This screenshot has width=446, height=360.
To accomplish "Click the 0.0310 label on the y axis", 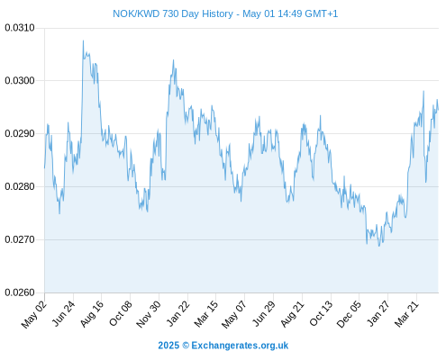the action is pos(20,28).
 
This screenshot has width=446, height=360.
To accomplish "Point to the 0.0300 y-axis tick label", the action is pos(20,81).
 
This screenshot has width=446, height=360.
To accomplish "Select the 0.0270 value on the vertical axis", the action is pos(20,239).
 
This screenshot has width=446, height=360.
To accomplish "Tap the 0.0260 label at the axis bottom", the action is pos(20,292).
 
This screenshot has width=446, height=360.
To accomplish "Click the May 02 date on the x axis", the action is pos(34,314).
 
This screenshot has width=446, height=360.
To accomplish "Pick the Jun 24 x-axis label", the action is pos(64,313).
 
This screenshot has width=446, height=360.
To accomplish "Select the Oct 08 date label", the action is pos(121,313).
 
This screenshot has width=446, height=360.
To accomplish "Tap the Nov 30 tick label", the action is pos(149,314).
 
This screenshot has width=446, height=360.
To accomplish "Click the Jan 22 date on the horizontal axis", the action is pos(177,313).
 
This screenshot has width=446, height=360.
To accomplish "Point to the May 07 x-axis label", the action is pos(234,314).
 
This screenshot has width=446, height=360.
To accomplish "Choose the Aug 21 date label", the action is pos(292,314).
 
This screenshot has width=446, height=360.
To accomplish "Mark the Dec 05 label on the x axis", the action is pos(349,314).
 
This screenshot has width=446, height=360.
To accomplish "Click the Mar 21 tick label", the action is pos(406,314).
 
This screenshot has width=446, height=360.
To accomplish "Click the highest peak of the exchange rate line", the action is pos(83,40).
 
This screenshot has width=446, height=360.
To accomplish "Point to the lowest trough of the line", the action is pos(379,246).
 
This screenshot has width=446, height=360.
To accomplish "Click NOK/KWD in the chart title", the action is pos(136,13).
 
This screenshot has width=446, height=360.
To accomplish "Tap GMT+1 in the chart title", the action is pos(322,13).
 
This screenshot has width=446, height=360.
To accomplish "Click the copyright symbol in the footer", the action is pos(186,346).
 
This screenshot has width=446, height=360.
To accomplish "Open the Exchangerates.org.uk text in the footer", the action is pos(240,346).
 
